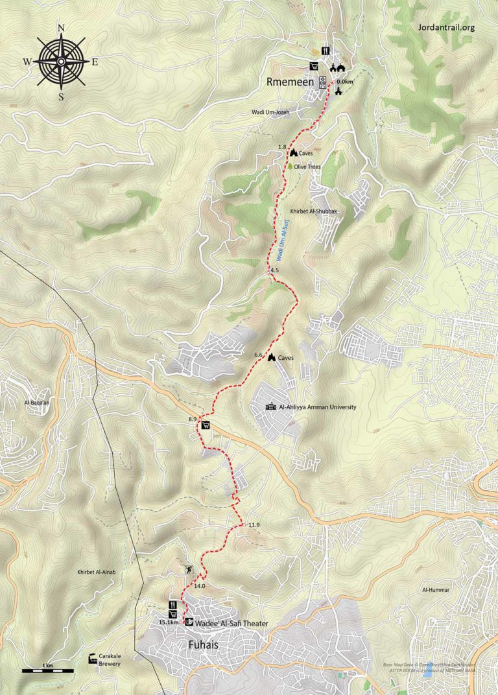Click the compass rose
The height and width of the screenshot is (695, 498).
pos(61,61)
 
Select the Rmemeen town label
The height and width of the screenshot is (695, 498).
pos(290,82)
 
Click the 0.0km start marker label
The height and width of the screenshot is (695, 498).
pos(346,82)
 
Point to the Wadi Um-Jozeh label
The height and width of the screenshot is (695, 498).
pos(274,112)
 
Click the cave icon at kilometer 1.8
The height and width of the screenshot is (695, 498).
pos(293,152)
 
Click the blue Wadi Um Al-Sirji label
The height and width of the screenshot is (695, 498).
pos(283,236)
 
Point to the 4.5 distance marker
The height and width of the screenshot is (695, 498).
pos(274,270)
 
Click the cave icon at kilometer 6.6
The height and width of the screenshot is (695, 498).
pos(271,357)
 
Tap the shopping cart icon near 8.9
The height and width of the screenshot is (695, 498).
pos(206,425)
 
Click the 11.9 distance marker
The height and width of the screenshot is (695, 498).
pos(254,525)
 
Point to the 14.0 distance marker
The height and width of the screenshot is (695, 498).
pos(199,586)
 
